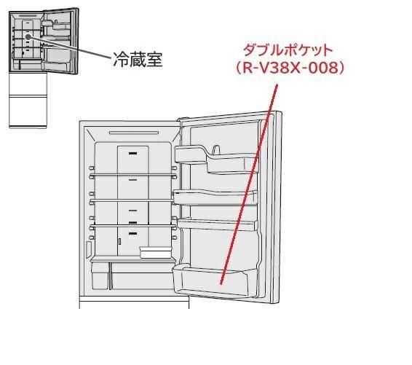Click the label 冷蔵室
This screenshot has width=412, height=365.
pos(138,59)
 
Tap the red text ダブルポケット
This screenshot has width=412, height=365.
pos(288,50)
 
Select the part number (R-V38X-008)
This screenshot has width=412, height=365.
pos(289,68)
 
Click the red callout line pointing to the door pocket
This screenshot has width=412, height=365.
pos(248,184)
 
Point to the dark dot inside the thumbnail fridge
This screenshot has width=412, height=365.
pos(28,37)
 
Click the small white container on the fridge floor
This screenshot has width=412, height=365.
pos(155,253)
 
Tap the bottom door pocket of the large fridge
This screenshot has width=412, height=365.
pos(214,280)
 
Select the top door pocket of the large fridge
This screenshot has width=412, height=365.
pos(216,159)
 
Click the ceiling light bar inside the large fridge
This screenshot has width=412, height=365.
pos(134,133)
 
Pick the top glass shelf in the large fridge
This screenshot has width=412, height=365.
pos(132,176)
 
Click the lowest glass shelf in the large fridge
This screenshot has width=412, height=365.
pos(132,226)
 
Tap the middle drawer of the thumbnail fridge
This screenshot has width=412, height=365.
pos(28,85)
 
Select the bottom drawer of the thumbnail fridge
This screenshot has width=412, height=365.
pos(28,111)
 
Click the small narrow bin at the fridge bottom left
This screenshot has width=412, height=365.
pos(100,276)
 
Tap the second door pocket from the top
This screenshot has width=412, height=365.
pos(215,197)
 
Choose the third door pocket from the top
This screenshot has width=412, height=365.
pos(217,225)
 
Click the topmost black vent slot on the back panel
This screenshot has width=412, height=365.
pos(132,153)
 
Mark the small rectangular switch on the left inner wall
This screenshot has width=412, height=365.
pos(89,249)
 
